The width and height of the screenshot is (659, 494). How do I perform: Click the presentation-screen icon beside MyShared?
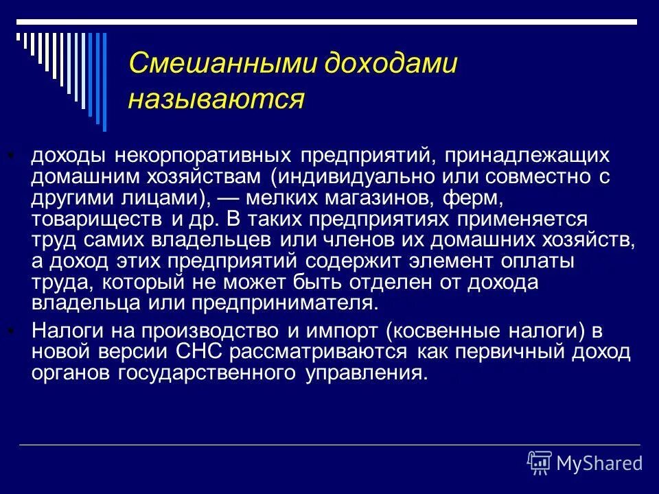pos(540,462)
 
